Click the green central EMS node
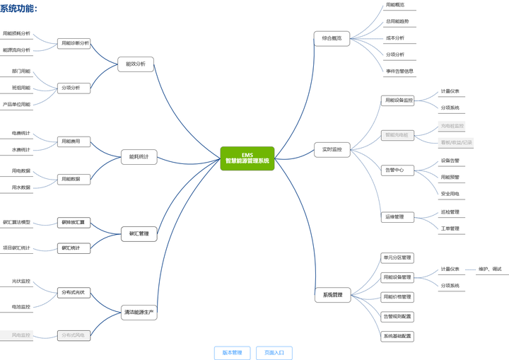coord(247,158)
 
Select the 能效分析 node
coord(135,64)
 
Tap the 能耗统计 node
coord(139,156)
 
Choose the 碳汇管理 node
coord(139,233)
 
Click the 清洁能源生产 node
coord(139,311)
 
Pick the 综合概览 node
coord(332,38)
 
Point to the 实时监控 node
coord(332,149)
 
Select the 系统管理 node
coord(332,294)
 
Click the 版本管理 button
coord(232,352)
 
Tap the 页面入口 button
coord(274,352)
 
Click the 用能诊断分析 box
coord(75,43)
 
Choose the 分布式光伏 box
coord(73,292)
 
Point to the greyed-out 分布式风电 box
coord(73,335)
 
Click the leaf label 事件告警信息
coord(399,71)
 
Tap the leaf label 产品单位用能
coord(16,104)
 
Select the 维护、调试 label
coord(490,269)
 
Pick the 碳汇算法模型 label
coord(16,222)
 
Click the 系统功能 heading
coord(18,8)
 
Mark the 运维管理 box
coord(394,216)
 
